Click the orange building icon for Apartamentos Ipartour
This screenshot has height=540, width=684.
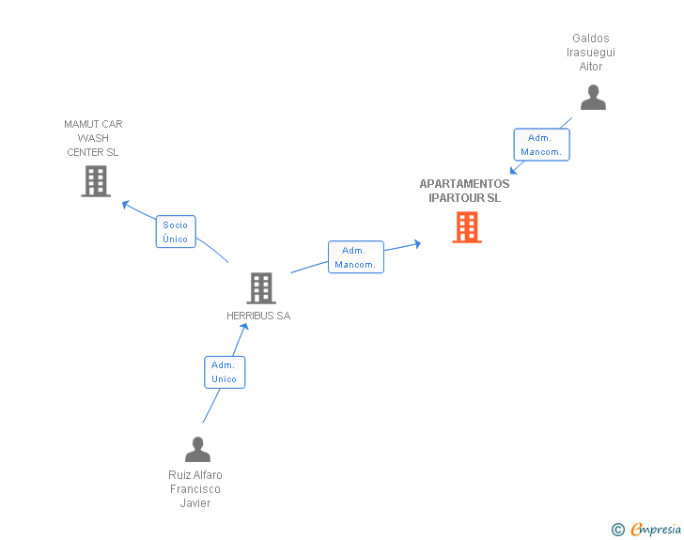point(467,227)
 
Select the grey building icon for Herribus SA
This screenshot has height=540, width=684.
point(261,288)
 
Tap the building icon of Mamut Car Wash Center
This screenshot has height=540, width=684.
point(96,181)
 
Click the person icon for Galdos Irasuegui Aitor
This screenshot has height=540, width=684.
point(593,98)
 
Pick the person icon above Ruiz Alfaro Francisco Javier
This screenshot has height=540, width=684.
point(197,450)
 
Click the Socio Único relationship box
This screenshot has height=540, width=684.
point(175,232)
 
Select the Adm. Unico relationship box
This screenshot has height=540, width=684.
point(225,372)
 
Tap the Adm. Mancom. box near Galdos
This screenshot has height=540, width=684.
point(541,145)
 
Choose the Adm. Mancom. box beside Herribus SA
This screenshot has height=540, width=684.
point(355,257)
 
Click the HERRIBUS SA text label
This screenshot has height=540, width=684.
point(258,316)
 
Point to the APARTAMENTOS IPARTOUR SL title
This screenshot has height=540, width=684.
point(464,192)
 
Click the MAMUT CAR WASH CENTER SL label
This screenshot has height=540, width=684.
point(93,138)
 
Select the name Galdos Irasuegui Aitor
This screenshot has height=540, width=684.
point(591,53)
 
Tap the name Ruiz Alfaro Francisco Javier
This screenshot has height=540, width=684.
point(195,488)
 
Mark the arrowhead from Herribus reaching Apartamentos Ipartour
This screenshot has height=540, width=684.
point(416,243)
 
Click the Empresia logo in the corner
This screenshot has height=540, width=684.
point(656,530)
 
